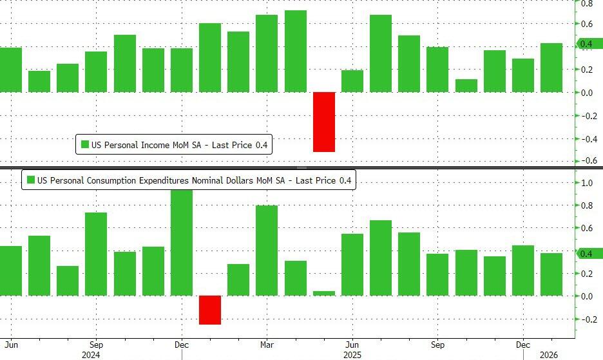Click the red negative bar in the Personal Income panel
click(x=324, y=122)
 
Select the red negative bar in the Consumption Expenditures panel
click(x=210, y=310)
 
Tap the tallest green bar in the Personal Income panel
click(x=296, y=51)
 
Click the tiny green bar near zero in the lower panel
click(x=324, y=293)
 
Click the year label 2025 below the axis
click(x=352, y=354)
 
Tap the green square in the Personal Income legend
click(x=84, y=145)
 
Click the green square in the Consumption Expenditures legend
click(x=30, y=180)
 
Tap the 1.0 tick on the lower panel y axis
click(x=587, y=183)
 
